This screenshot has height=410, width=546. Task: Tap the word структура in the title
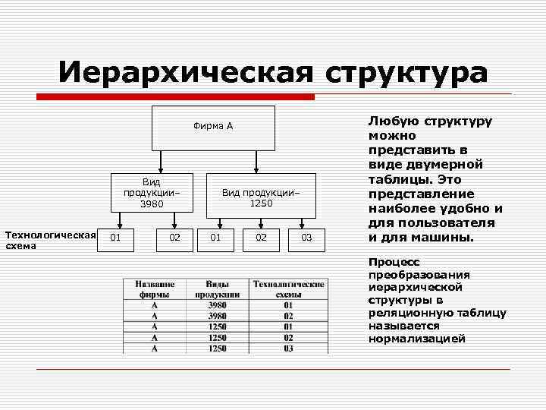[407, 73]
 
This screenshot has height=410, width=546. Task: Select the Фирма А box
[213, 128]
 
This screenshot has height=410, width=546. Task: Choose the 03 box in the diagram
[306, 238]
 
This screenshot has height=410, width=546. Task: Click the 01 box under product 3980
[115, 238]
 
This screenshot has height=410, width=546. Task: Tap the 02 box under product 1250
[262, 238]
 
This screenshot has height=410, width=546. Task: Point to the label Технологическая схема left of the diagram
[50, 240]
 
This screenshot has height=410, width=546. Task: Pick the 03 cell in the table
[288, 348]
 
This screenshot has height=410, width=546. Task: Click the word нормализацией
[417, 339]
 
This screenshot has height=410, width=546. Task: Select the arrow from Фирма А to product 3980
[161, 162]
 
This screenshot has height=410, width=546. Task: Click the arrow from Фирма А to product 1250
[257, 162]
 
